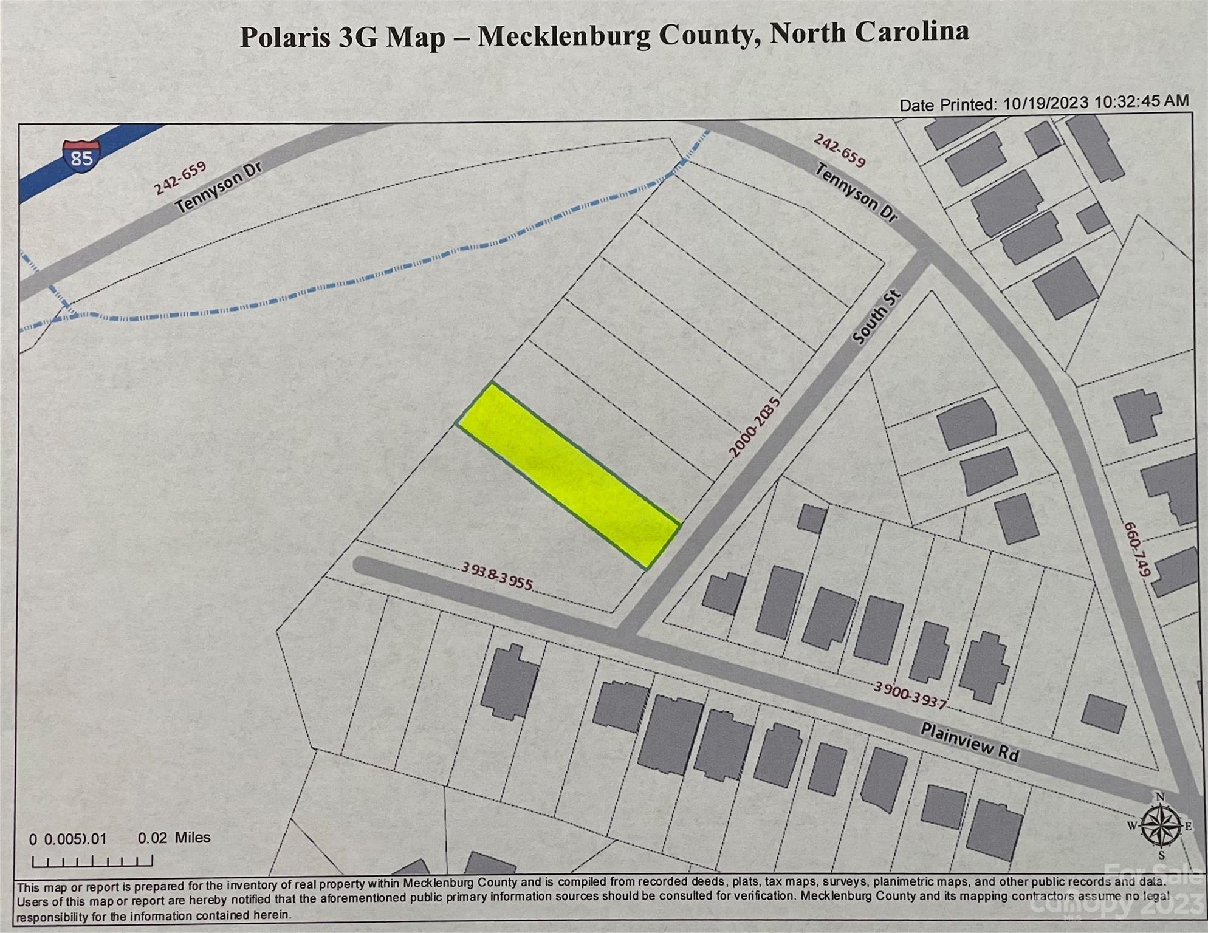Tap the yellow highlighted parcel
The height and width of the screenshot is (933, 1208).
point(569,476)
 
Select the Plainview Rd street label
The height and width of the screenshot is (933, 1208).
point(969,742)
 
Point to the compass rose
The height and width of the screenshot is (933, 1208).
point(1161,826)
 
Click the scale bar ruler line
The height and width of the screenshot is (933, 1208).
point(92,861)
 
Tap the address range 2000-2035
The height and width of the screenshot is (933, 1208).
point(754,427)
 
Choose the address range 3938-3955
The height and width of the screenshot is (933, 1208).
point(496,575)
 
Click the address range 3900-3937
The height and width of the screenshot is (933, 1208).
point(910,694)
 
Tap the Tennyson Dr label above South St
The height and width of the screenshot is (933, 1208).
point(856,193)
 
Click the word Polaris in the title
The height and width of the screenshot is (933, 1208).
point(286,37)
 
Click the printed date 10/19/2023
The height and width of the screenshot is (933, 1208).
point(1045,103)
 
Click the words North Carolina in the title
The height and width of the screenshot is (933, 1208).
point(869,32)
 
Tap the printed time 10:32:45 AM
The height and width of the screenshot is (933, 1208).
point(1142,101)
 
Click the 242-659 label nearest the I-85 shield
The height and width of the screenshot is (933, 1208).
point(180,177)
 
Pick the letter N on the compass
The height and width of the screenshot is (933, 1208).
point(1159,797)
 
